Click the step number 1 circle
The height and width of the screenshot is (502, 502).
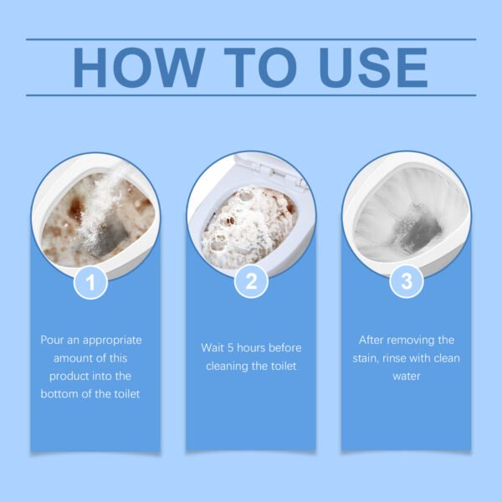pyautogui.click(x=91, y=282)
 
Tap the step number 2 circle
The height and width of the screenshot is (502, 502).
pyautogui.click(x=250, y=282)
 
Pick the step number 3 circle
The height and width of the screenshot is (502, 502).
pyautogui.click(x=407, y=282)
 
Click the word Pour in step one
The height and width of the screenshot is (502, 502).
pyautogui.click(x=54, y=341)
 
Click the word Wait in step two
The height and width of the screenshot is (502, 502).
pyautogui.click(x=213, y=346)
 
